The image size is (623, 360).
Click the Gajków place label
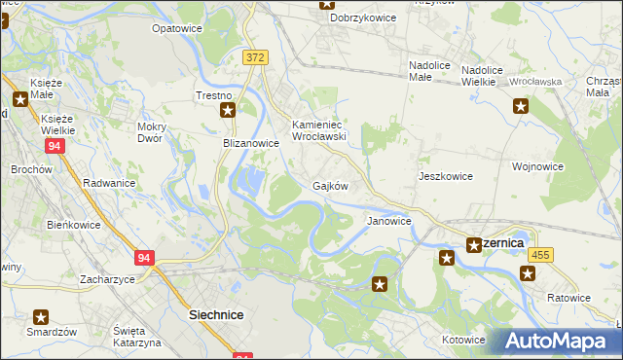[330, 185]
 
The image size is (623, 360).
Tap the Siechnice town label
[215, 315]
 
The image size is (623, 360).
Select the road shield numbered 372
[255, 58]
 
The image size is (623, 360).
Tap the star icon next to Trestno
[228, 111]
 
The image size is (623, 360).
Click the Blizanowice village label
[246, 142]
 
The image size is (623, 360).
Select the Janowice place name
[388, 221]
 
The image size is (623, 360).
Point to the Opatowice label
[176, 29]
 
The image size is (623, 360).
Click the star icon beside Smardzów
[41, 316]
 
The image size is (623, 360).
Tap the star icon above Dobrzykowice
[326, 4]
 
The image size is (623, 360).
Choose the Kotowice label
[463, 340]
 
